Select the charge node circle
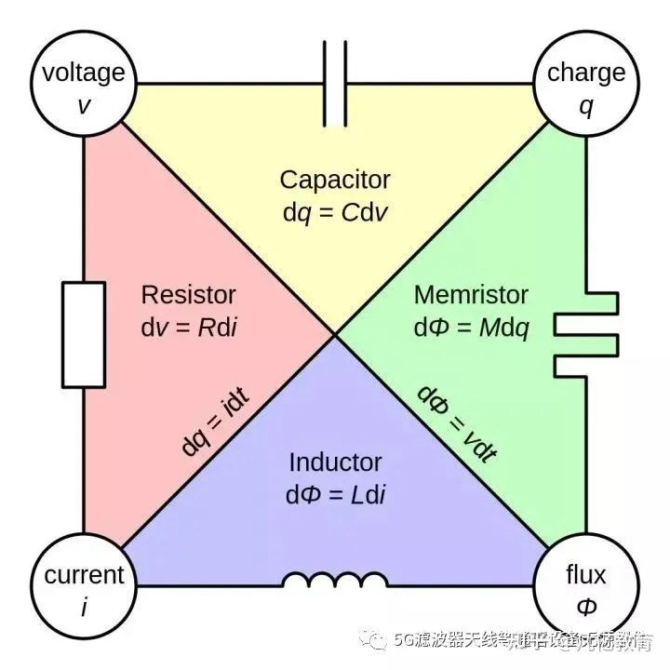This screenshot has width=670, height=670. click(x=585, y=86)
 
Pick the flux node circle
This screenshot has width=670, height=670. click(x=585, y=588)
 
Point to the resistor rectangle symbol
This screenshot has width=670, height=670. click(x=84, y=335)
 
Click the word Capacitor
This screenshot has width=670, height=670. click(x=335, y=179)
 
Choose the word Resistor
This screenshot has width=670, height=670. click(x=188, y=295)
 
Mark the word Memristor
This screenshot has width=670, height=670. click(x=471, y=295)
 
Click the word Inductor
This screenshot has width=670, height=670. click(x=335, y=462)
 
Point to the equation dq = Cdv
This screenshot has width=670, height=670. click(x=335, y=212)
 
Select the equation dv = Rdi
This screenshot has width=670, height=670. click(x=188, y=328)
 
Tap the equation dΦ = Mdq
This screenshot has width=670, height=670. click(x=471, y=328)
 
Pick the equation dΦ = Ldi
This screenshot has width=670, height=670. click(x=335, y=494)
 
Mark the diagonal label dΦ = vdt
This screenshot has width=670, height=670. click(x=456, y=422)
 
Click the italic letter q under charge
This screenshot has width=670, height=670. click(x=585, y=105)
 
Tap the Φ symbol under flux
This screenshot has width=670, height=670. click(x=585, y=607)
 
